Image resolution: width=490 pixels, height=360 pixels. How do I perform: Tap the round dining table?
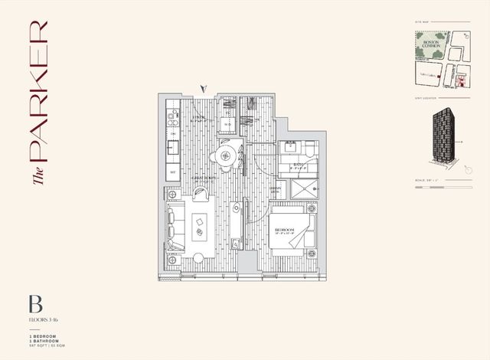coord(224,156)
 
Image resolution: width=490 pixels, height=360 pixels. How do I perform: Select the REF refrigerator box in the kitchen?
coord(173,173)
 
